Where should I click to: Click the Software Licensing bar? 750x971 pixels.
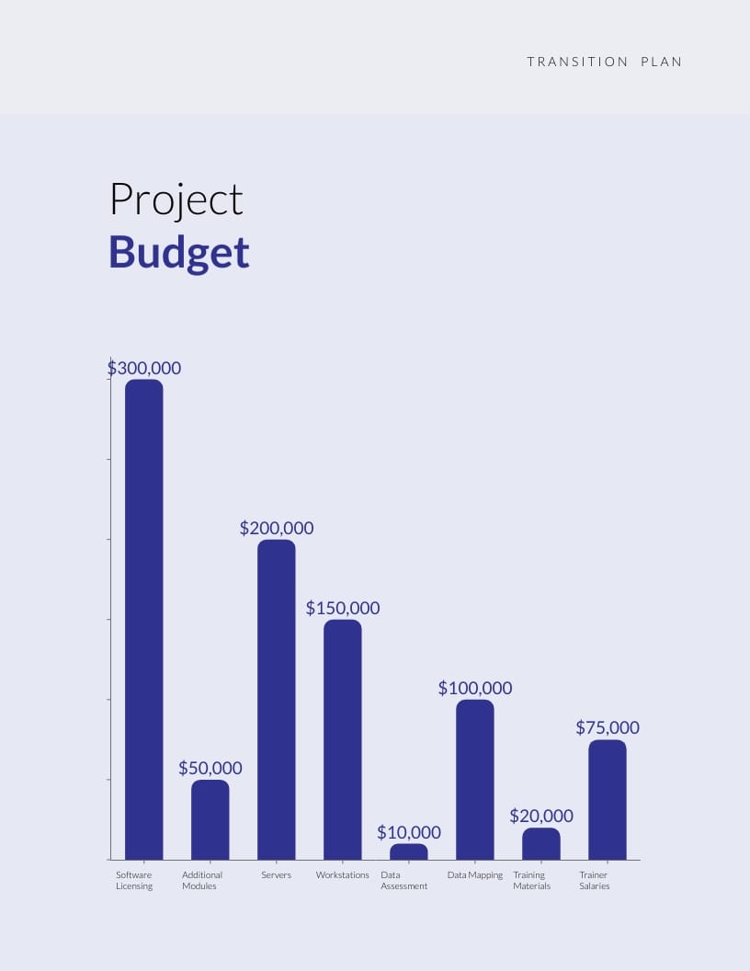point(144,619)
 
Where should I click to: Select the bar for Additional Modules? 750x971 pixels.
point(210,819)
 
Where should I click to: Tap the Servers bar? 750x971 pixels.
point(277,699)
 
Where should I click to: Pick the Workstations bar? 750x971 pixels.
point(343,739)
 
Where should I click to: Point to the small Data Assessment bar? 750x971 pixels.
point(409,851)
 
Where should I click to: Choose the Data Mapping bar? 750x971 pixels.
point(475,779)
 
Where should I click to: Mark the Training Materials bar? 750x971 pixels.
point(541,843)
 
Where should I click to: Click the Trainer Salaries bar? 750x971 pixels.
point(608,799)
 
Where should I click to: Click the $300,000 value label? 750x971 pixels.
point(144,368)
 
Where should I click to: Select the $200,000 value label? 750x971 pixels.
point(277,528)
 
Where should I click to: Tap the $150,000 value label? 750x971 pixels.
point(343,608)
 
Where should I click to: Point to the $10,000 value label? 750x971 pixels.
point(409,832)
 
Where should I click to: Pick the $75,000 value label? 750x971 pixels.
point(608,727)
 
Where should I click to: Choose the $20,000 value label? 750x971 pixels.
point(541,816)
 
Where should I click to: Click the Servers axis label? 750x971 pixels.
point(276,875)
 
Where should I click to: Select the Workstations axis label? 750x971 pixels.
point(343,875)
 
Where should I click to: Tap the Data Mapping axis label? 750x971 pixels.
point(475,875)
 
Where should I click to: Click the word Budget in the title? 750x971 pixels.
point(179,252)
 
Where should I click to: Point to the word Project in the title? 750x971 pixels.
point(176,200)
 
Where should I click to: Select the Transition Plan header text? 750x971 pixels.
point(605,62)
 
